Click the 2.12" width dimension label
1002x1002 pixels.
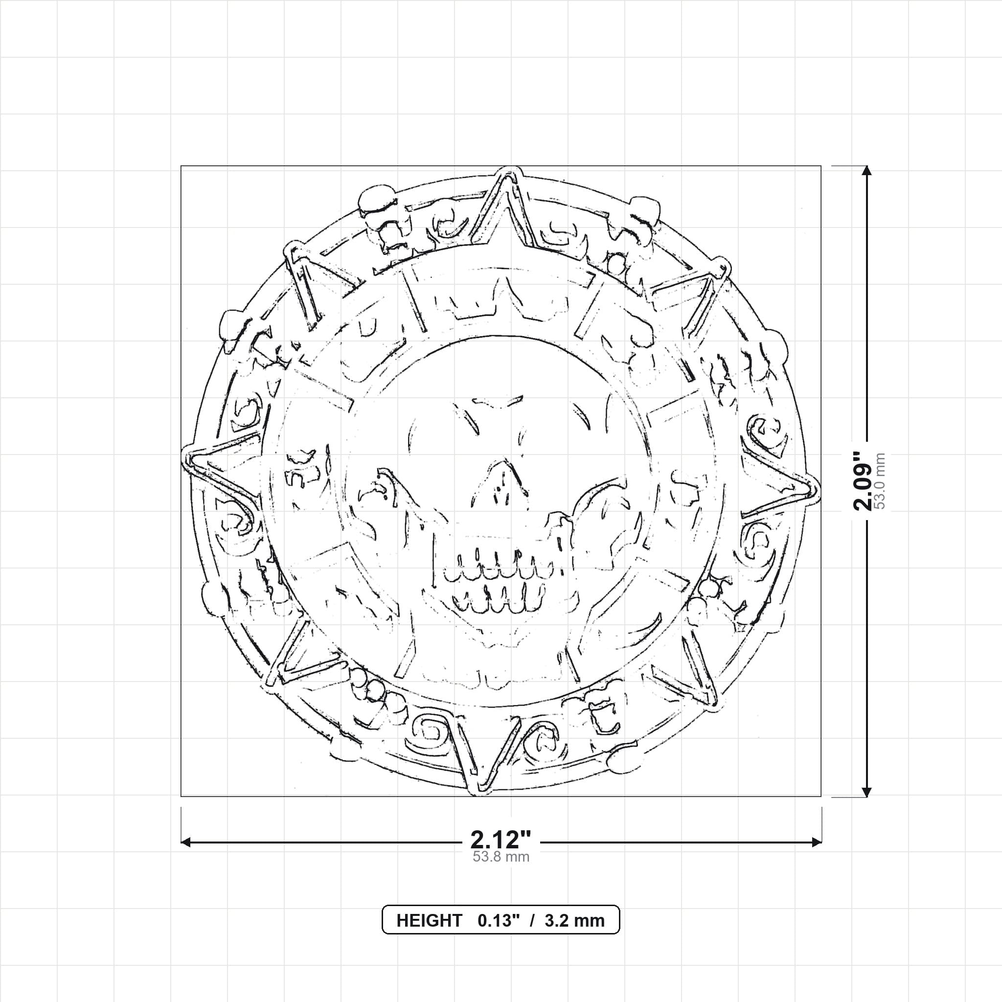[501, 839]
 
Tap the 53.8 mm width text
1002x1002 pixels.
[501, 856]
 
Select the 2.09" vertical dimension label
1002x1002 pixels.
[864, 481]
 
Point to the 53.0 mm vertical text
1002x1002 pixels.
[880, 481]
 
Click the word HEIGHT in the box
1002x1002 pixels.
[430, 921]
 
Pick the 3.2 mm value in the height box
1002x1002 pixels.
[575, 921]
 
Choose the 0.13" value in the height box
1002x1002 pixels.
[499, 921]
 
